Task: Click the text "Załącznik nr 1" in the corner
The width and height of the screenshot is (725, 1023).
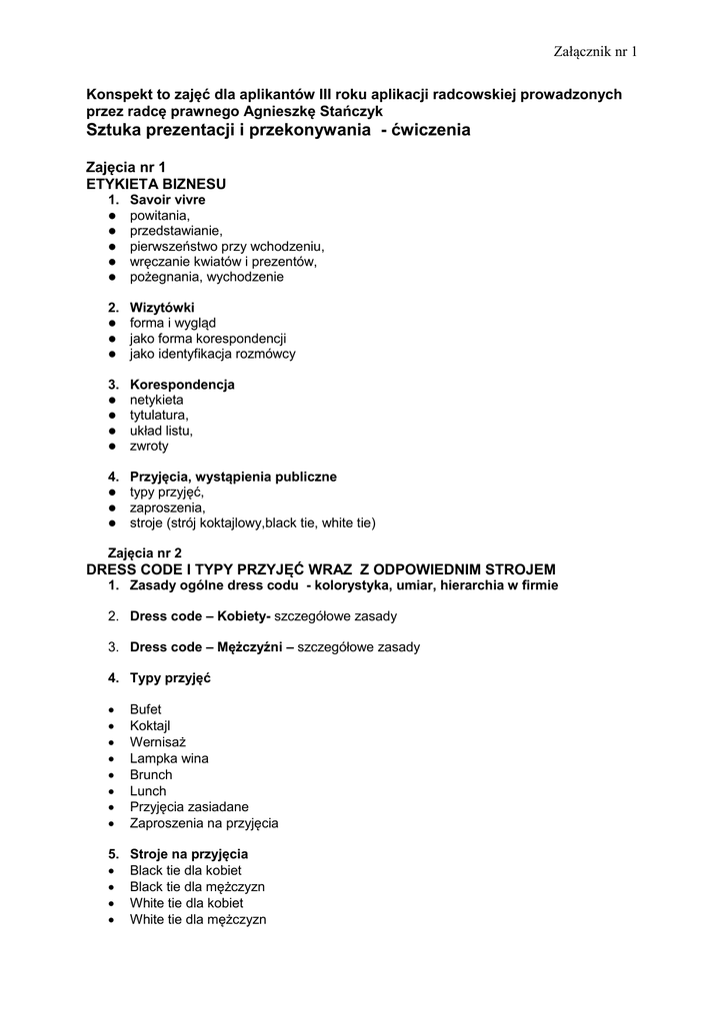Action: [594, 51]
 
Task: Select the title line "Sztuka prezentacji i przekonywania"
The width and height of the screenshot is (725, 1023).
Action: [278, 131]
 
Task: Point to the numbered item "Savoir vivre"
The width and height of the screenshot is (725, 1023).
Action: [168, 200]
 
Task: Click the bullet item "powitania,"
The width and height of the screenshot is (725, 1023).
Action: [160, 215]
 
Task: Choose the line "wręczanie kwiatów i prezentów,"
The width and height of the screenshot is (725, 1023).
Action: [223, 262]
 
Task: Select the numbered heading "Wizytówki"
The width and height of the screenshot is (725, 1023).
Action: [162, 307]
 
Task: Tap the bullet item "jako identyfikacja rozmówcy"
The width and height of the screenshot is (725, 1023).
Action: [212, 354]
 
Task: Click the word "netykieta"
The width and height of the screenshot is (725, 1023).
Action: [157, 400]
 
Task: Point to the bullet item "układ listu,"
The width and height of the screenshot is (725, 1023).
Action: [161, 431]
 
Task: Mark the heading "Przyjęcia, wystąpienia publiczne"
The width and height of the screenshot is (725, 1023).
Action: [233, 477]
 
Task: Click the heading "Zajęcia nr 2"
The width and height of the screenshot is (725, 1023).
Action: [144, 552]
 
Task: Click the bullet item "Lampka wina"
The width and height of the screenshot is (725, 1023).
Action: [169, 758]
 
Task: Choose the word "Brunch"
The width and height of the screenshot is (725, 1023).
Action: [151, 774]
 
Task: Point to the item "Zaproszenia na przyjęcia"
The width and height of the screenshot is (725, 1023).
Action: [203, 823]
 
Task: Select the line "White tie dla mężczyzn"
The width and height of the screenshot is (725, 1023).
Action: [198, 919]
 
